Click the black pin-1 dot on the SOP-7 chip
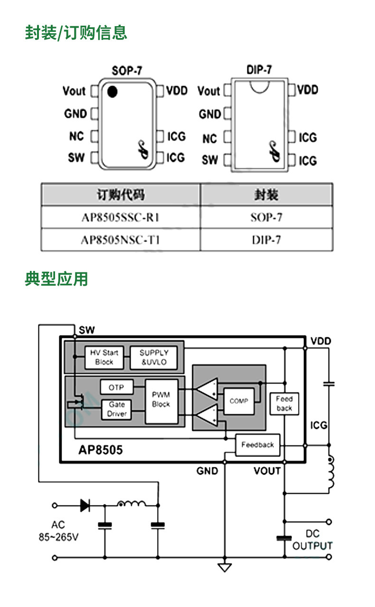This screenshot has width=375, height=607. [x=112, y=92]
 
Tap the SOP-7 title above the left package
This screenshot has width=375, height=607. [x=127, y=70]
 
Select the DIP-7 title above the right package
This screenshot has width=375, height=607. [x=259, y=70]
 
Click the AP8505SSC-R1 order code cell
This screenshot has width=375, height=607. [x=121, y=217]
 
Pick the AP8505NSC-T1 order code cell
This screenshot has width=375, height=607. [x=121, y=240]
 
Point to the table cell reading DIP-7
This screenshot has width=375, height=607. [x=266, y=240]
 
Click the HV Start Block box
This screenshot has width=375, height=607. [x=104, y=357]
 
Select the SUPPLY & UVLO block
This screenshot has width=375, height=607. [x=154, y=357]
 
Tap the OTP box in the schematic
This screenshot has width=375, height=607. [x=117, y=387]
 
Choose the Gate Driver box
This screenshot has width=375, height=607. [x=117, y=409]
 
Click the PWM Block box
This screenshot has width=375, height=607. [x=161, y=401]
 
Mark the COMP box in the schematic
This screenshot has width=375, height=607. [x=239, y=401]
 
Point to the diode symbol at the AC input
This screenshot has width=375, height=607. [x=85, y=505]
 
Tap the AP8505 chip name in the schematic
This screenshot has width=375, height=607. [x=100, y=450]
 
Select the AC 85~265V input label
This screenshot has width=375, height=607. [x=58, y=531]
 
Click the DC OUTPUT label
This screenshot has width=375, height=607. [x=312, y=540]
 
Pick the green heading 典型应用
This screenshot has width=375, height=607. [x=56, y=279]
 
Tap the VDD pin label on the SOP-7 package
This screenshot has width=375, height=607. [x=177, y=90]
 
